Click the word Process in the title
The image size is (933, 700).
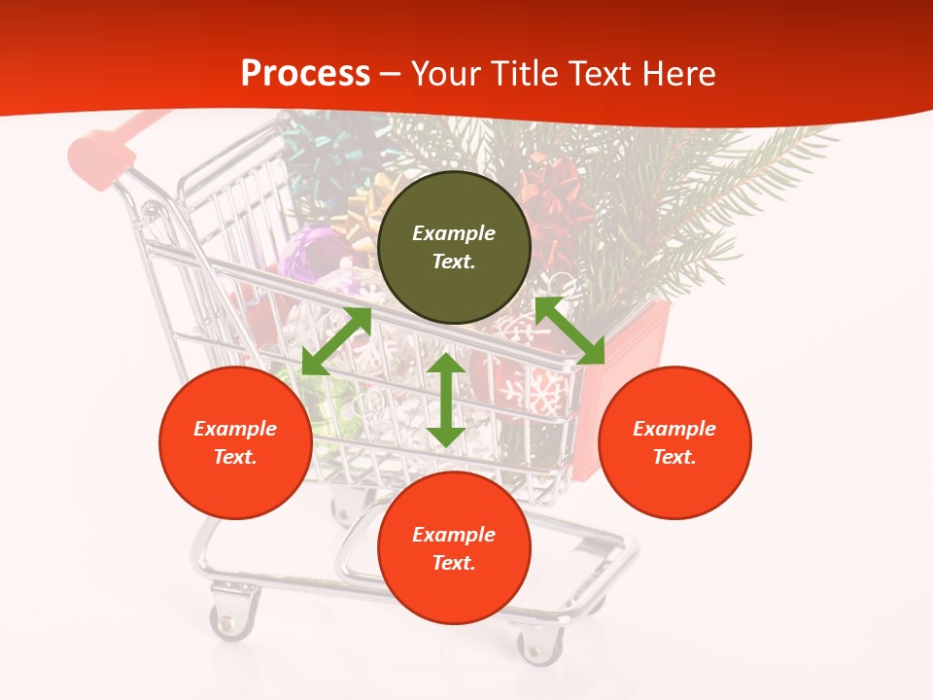(x=305, y=74)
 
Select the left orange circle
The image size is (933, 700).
(x=235, y=442)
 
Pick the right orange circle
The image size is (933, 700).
(x=674, y=442)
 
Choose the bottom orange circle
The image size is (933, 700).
(x=454, y=548)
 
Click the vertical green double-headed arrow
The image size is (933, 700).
(x=446, y=400)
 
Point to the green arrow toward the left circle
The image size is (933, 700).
(x=336, y=341)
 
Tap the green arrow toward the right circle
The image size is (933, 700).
(x=570, y=331)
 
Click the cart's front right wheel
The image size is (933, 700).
(x=540, y=643)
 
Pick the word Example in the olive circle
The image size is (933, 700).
(x=454, y=233)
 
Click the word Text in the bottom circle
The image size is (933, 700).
(x=454, y=563)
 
